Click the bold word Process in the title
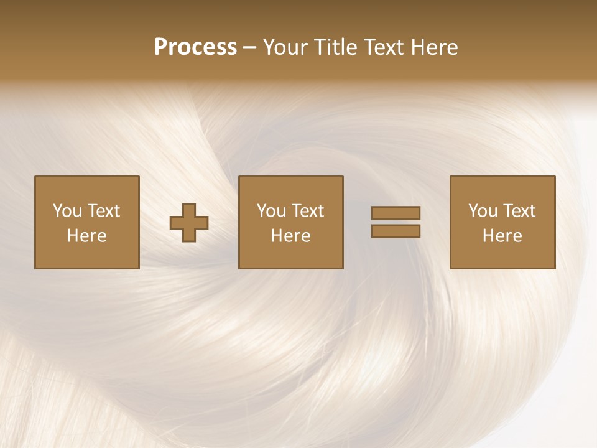point(195,47)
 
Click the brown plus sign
point(189,223)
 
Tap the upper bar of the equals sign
point(396,213)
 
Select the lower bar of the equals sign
point(396,231)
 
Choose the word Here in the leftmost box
point(86,236)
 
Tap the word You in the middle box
point(271,211)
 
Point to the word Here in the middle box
point(290,236)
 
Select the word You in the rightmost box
point(483,211)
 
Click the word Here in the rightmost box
point(502,236)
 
